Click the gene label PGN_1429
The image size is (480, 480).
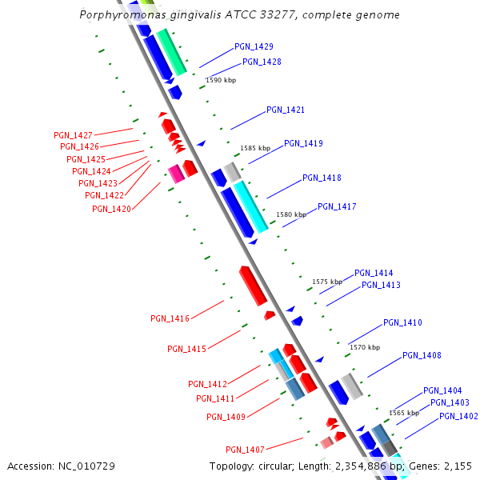[x=254, y=46]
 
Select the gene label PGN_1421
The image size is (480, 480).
[x=286, y=110]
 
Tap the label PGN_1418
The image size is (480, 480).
[x=322, y=178]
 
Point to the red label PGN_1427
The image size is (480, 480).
[x=73, y=135]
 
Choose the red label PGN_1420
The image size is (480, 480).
[x=111, y=209]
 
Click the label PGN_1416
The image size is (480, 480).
[x=170, y=318]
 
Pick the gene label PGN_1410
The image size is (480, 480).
[x=402, y=322]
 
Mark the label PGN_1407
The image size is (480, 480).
[x=245, y=449]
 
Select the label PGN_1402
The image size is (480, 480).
[x=458, y=416]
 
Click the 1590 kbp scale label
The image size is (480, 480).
[x=221, y=80]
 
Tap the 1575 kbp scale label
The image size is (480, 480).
[x=327, y=282]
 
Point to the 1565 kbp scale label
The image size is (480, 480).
[x=404, y=413]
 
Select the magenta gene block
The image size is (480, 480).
[x=176, y=174]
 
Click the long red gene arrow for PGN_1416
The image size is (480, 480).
[x=253, y=286]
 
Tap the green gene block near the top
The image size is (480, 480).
[x=171, y=52]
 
